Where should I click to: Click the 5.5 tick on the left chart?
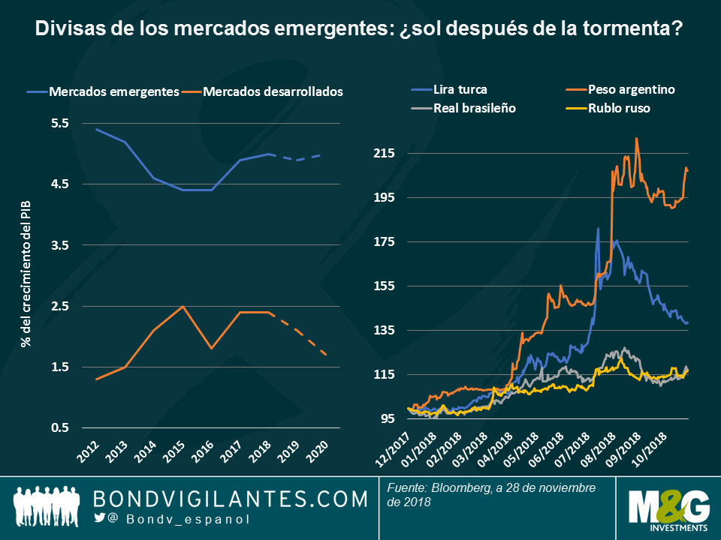(x=59, y=124)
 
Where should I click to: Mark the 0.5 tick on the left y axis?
(x=59, y=428)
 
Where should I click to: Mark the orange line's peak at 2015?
(x=183, y=306)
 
